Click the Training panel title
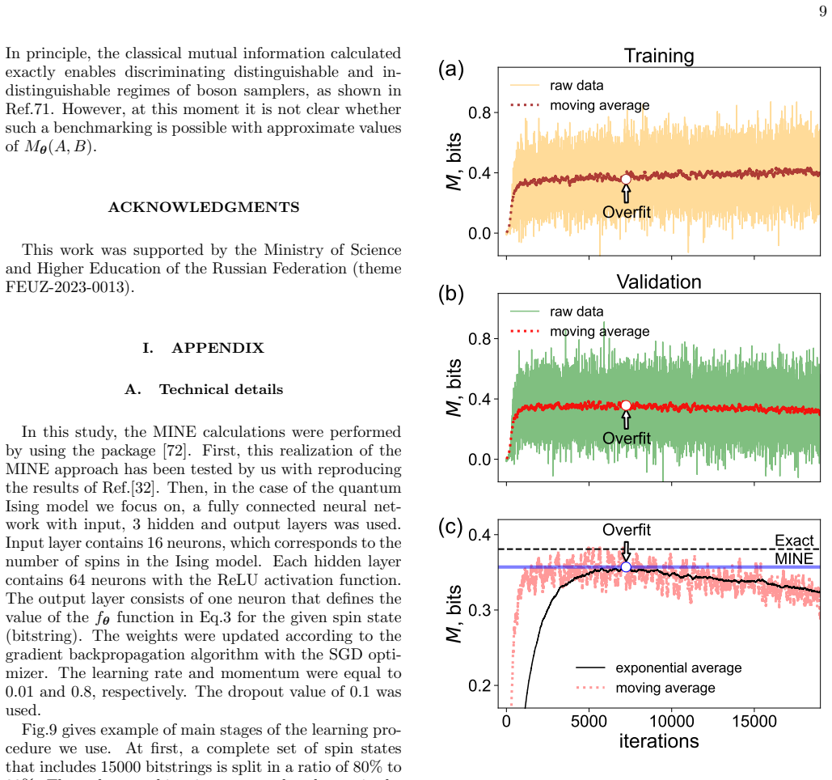[x=658, y=56]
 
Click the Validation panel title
[x=658, y=282]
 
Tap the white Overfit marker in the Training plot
[x=626, y=180]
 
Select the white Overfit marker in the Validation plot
[x=626, y=405]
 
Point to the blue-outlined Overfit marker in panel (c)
[x=626, y=567]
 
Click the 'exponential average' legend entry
[x=658, y=668]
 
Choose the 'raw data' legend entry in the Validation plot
[x=556, y=312]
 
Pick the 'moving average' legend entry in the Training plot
[x=580, y=105]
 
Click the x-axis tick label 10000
[x=671, y=721]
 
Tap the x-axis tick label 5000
[x=589, y=721]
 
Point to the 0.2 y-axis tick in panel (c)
[x=479, y=685]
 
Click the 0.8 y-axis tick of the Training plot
[x=479, y=112]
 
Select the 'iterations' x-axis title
[x=658, y=741]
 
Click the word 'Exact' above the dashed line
[x=794, y=540]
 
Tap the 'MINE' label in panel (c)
[x=794, y=558]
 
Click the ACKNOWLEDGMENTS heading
[x=204, y=207]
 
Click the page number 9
[x=823, y=11]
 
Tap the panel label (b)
[x=451, y=294]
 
